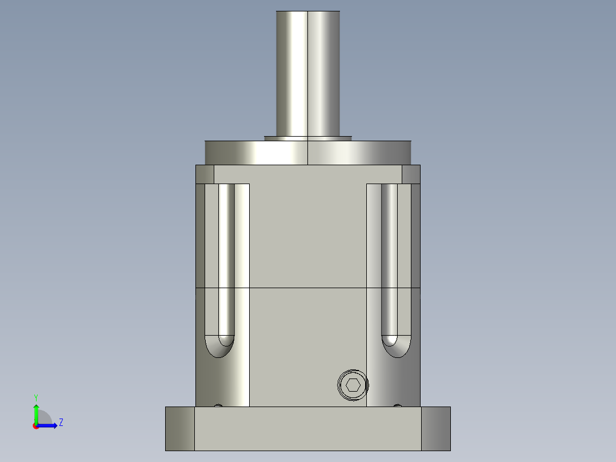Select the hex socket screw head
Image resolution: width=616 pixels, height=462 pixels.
pos(353,385)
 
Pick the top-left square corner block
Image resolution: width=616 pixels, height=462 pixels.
pos(205,174)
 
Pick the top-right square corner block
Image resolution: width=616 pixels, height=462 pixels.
pos(411,174)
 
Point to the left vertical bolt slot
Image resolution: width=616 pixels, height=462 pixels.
pos(226,257)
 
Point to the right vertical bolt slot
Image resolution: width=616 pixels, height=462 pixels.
pos(389,257)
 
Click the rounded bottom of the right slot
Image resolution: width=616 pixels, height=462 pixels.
pos(396,346)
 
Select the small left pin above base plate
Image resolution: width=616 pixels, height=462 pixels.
pos(218,405)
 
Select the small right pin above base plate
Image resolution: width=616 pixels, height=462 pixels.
pos(398,405)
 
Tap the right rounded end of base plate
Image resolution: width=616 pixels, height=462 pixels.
pos(436,428)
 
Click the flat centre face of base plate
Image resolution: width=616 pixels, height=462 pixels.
pos(308,428)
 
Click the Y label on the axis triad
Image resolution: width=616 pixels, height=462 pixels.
pos(35,397)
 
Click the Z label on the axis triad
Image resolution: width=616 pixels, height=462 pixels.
pos(61,423)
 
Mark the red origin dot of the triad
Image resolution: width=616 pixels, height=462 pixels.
pos(35,426)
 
